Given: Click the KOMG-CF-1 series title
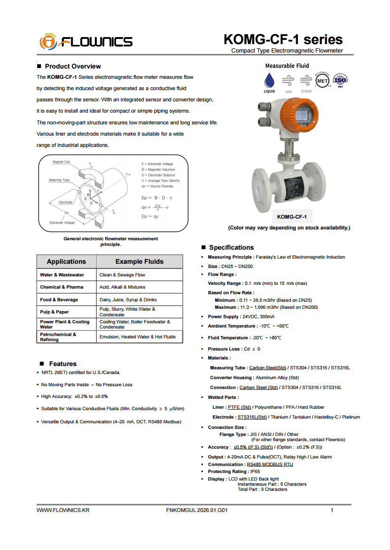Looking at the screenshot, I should tap(283, 39).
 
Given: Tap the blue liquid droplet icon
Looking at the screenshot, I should tap(269, 79).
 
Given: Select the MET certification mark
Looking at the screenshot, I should tap(322, 80).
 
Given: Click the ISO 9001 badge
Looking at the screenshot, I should tap(340, 80).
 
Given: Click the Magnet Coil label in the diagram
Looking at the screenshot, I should tap(61, 162).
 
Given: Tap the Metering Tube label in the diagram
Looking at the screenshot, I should tap(59, 180).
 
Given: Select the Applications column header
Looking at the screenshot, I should tap(66, 262).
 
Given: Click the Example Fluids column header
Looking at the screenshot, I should tap(140, 262).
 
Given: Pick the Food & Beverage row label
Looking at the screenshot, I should tap(59, 300).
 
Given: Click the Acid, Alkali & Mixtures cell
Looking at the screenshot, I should tap(122, 287).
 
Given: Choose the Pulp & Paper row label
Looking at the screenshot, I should tap(55, 312).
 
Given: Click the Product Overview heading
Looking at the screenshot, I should tap(73, 67).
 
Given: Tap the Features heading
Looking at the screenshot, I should tap(62, 364).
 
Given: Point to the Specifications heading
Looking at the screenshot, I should tap(231, 248).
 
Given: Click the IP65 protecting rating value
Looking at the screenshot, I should tap(255, 472).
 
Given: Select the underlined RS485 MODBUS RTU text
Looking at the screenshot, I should tap(270, 465).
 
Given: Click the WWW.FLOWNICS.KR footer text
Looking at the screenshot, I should tap(63, 510).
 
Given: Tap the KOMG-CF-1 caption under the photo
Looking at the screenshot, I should tap(292, 217).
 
